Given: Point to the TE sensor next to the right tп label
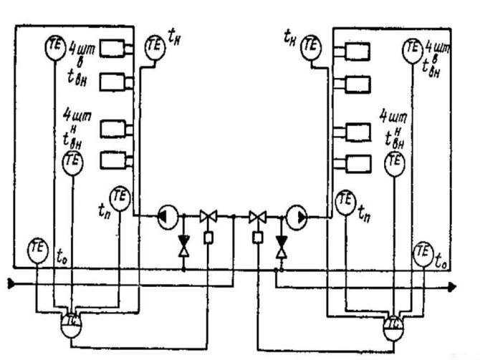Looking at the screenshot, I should (x=345, y=198).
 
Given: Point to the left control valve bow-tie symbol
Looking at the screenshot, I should (x=209, y=215).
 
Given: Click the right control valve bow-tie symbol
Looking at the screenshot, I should (x=256, y=215).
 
